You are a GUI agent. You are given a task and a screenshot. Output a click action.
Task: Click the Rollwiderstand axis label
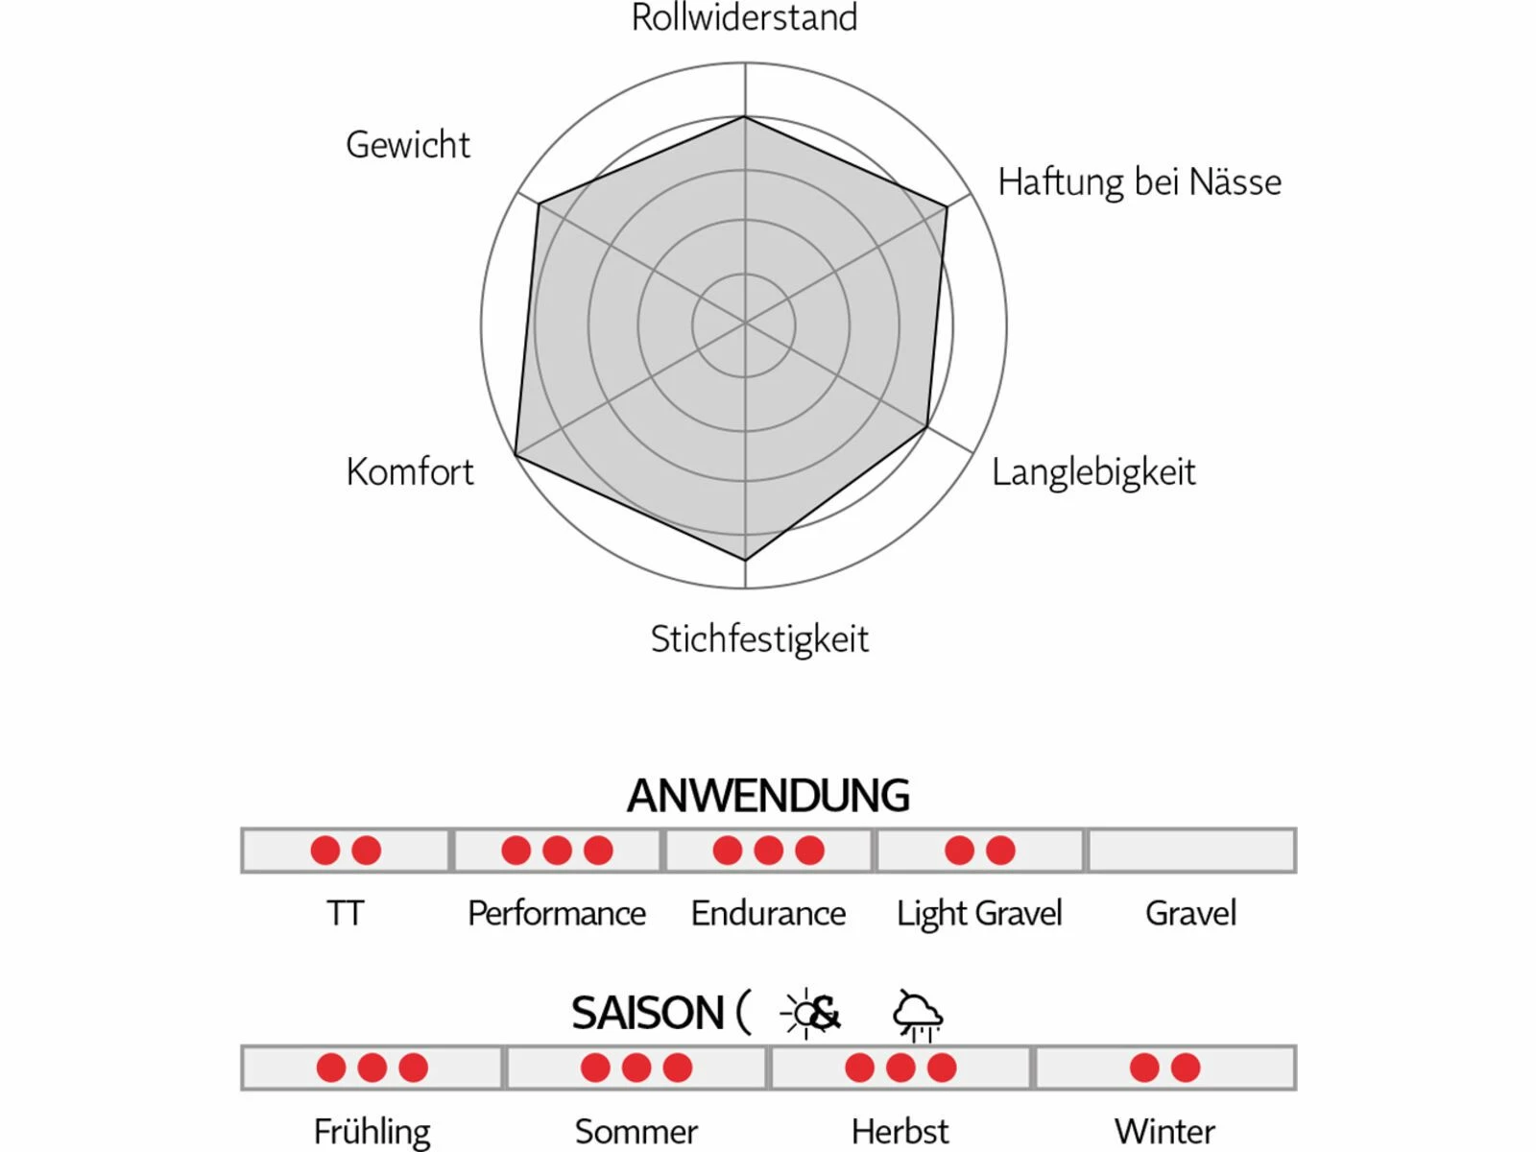744,18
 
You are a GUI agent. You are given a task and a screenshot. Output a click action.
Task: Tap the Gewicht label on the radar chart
408,145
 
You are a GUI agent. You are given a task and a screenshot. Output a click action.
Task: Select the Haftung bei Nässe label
1140,181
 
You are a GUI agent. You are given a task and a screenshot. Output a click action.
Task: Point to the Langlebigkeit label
1093,472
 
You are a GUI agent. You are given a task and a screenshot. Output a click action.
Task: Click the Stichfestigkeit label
759,639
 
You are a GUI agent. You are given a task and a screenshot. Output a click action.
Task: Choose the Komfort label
410,472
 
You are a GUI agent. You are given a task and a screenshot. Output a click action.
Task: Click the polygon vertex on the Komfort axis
516,455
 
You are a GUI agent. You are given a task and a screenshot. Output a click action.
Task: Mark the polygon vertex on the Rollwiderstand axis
745,117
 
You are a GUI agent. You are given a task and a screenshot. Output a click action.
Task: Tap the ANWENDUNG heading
768,796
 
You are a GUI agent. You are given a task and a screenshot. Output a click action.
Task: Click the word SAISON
647,1014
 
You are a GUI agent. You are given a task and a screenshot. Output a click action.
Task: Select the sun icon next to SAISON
800,1014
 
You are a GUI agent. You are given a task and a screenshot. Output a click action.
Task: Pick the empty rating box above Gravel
1190,851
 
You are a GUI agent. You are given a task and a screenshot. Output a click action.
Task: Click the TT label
345,913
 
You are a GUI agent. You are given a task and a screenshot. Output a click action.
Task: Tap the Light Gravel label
979,913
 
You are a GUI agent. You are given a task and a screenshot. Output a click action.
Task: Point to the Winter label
1164,1131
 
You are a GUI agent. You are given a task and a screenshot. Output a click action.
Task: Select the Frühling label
372,1131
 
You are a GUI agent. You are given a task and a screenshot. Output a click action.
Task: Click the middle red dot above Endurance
768,851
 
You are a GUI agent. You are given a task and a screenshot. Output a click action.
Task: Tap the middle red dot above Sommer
636,1068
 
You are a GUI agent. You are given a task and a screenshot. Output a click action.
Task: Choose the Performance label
557,913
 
